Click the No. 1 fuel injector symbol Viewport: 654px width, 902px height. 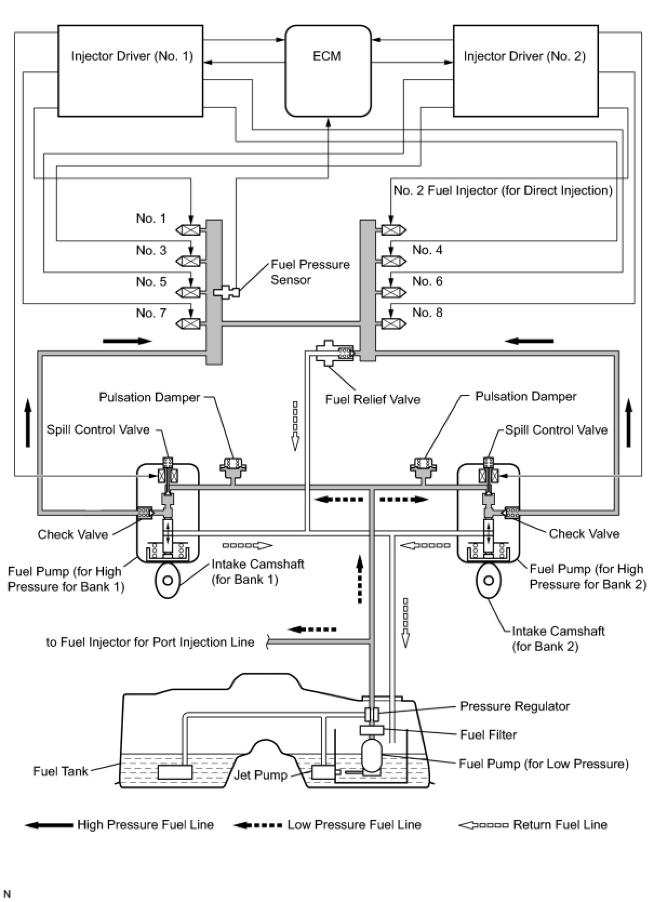(x=188, y=230)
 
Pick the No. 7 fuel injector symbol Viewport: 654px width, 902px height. (x=188, y=323)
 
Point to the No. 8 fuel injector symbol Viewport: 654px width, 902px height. (x=393, y=323)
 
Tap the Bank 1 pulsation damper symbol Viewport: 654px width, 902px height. (x=232, y=469)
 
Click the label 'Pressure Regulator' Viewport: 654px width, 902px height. (x=515, y=706)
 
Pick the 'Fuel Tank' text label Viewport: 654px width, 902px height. (x=61, y=771)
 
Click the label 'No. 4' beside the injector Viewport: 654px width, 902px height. (x=427, y=250)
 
